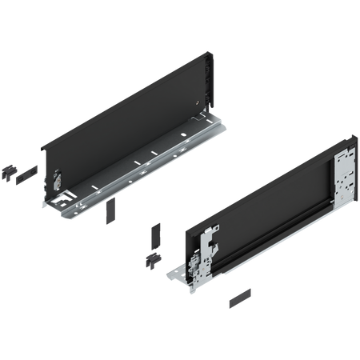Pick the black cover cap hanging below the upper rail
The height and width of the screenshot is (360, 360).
(110, 212)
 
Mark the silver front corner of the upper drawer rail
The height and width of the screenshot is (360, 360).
(50, 205)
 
